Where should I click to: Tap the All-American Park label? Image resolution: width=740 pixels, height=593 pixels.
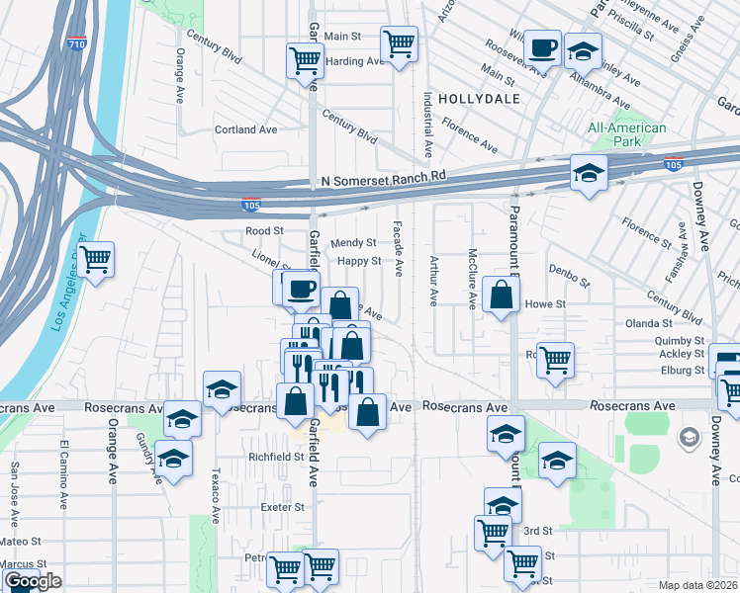[626, 134]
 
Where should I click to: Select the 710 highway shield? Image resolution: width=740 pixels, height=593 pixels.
[76, 44]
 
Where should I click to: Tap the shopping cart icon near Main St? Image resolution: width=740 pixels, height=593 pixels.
[399, 42]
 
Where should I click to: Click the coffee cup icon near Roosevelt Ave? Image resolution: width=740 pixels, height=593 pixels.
[542, 46]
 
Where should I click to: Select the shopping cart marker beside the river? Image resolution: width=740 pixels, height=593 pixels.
[96, 261]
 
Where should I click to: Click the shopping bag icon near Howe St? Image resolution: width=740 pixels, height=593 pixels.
[502, 295]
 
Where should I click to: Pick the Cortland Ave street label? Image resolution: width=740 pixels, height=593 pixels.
[246, 129]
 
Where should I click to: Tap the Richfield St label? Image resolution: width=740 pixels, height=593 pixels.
[276, 457]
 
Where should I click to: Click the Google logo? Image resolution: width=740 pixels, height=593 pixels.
[33, 581]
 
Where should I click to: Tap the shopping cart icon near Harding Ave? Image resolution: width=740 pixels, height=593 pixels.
[305, 60]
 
